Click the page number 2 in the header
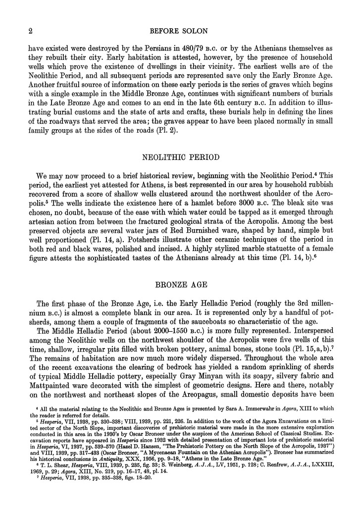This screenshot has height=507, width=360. click(30, 32)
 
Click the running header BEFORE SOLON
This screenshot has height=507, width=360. click(180, 32)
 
